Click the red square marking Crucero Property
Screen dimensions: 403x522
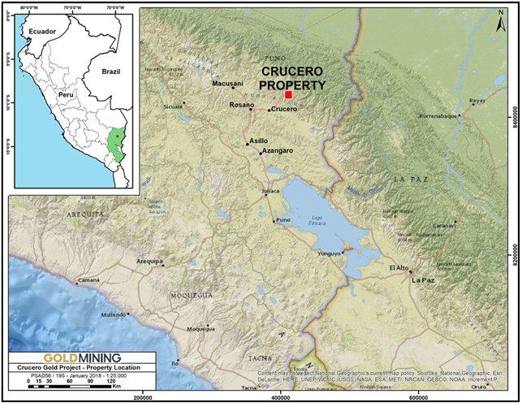click(x=289, y=95)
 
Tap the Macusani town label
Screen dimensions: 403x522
click(x=227, y=84)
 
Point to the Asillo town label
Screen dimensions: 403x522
click(x=257, y=141)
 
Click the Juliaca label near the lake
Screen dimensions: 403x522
click(x=270, y=191)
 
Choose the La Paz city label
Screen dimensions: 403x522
click(x=423, y=280)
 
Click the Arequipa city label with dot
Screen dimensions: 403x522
click(x=149, y=262)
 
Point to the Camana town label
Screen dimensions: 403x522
click(x=88, y=279)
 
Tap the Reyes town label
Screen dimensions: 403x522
click(x=477, y=102)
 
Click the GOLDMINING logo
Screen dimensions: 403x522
click(x=71, y=357)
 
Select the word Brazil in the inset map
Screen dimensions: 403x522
click(x=111, y=71)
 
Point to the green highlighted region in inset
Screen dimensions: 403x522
click(x=118, y=142)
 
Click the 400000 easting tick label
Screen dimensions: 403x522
click(x=281, y=396)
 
